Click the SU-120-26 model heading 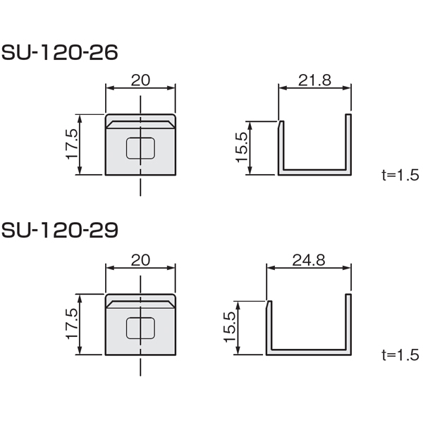(x=60, y=52)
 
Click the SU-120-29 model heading (x=60, y=230)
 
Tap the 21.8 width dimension (x=314, y=80)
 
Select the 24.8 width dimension (x=309, y=260)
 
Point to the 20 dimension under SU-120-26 (x=140, y=80)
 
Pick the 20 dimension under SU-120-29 (x=140, y=260)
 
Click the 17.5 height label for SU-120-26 (x=72, y=145)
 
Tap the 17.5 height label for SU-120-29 (x=72, y=324)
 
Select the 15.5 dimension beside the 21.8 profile (x=242, y=147)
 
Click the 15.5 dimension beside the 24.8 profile (x=230, y=327)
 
